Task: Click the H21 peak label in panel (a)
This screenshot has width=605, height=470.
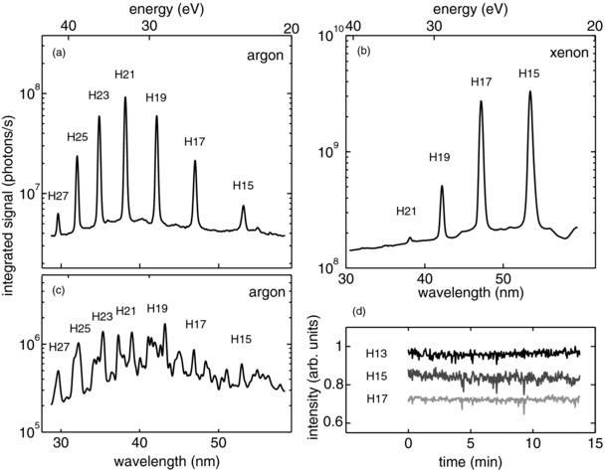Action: (124, 75)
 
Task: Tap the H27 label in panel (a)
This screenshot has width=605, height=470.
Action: (59, 196)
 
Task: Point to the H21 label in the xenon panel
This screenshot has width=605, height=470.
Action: (406, 211)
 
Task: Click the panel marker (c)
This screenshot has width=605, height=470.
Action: (61, 289)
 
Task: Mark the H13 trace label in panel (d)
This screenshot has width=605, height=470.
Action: (375, 353)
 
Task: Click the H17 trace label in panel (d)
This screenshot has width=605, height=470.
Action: (375, 400)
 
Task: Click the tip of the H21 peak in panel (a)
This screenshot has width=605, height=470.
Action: (125, 97)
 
